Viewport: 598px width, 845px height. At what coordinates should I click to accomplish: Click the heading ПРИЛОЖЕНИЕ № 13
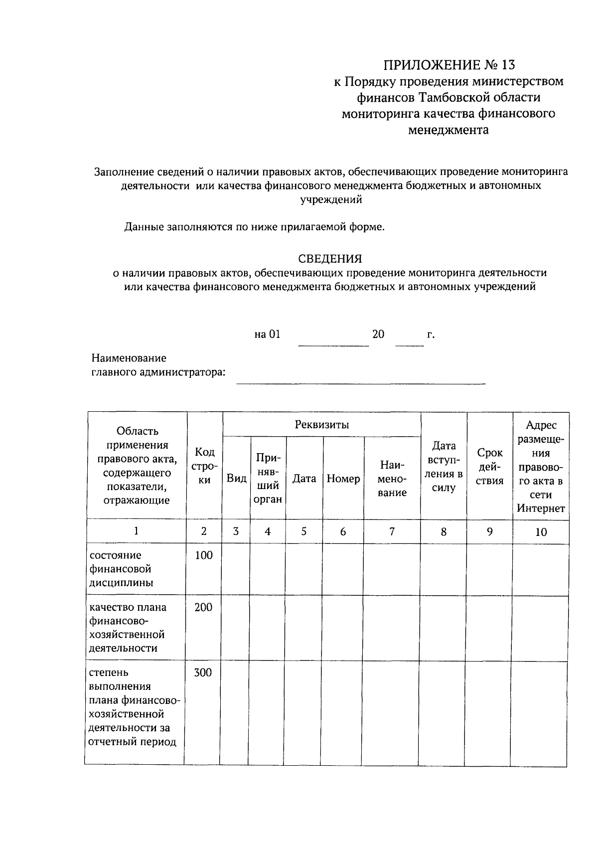pyautogui.click(x=448, y=65)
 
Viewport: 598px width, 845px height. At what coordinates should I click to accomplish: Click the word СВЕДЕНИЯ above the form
pyautogui.click(x=329, y=259)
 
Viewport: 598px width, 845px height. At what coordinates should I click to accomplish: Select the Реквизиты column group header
pyautogui.click(x=321, y=425)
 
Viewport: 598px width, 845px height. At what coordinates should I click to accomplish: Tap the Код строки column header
pyautogui.click(x=204, y=466)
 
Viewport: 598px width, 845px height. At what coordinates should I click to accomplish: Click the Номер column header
pyautogui.click(x=343, y=479)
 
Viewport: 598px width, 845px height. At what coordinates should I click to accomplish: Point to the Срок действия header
pyautogui.click(x=490, y=467)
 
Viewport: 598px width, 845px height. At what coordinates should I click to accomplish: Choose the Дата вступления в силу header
pyautogui.click(x=444, y=467)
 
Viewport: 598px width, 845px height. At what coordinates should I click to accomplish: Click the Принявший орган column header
pyautogui.click(x=268, y=478)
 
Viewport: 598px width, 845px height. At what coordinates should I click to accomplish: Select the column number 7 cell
pyautogui.click(x=392, y=531)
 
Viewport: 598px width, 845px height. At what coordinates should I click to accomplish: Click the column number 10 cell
pyautogui.click(x=541, y=531)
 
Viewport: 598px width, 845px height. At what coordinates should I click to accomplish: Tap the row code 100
pyautogui.click(x=203, y=555)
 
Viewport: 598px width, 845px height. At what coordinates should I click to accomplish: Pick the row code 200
pyautogui.click(x=203, y=607)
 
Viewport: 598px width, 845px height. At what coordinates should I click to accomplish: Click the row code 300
pyautogui.click(x=203, y=673)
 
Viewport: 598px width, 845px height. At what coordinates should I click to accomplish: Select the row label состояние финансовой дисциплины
pyautogui.click(x=121, y=569)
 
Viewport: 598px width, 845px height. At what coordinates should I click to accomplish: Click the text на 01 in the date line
pyautogui.click(x=267, y=334)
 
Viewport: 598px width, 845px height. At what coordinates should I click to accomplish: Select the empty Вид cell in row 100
pyautogui.click(x=236, y=569)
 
